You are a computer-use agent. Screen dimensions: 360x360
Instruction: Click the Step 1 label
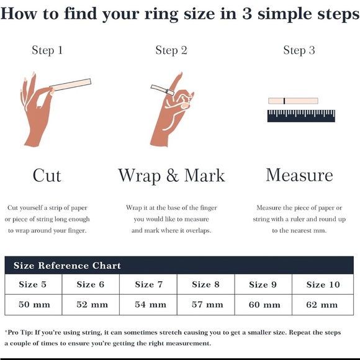[x=47, y=50]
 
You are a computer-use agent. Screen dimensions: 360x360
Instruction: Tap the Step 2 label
[x=171, y=50]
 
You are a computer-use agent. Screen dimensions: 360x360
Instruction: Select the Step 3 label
[x=299, y=50]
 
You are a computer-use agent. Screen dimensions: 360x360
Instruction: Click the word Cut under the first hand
[x=47, y=176]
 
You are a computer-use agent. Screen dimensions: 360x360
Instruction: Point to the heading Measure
[x=299, y=175]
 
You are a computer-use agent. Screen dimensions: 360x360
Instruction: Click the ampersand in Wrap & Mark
[x=173, y=176]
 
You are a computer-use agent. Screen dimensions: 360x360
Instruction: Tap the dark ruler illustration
[x=301, y=115]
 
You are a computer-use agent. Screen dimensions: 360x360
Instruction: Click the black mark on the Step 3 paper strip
[x=284, y=101]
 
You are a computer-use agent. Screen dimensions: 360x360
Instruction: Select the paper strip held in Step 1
[x=70, y=84]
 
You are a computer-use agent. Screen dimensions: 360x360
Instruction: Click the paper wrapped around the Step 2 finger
[x=163, y=90]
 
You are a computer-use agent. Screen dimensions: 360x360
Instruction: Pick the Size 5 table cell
[x=33, y=284]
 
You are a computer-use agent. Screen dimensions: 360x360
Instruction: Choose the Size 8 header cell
[x=205, y=284]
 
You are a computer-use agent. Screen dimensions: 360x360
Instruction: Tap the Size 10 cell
[x=323, y=284]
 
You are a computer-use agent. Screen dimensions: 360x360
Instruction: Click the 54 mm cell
[x=148, y=305]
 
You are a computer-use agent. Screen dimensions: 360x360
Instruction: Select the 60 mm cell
[x=263, y=305]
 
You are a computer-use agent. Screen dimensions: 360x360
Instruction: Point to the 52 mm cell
[x=91, y=305]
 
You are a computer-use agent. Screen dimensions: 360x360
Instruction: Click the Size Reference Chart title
[x=67, y=266]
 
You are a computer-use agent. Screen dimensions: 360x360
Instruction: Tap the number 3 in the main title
[x=247, y=14]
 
